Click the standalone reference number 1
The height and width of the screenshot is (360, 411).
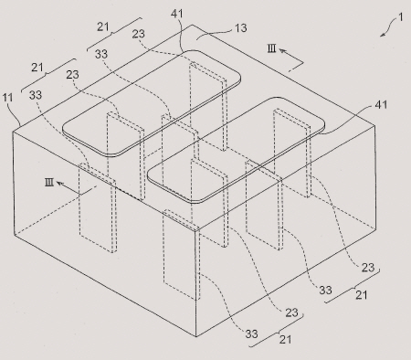401,16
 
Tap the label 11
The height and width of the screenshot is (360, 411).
7,98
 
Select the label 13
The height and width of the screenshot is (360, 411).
241,28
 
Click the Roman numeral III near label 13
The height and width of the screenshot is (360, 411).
272,48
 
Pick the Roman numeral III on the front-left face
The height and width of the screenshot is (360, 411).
49,183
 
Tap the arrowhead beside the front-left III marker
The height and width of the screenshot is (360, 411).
59,184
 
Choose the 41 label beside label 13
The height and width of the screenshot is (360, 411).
177,14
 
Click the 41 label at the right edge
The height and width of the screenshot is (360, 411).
381,105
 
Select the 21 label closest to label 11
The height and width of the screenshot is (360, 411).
37,68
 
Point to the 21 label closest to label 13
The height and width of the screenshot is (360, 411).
103,26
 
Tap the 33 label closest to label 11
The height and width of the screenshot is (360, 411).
36,95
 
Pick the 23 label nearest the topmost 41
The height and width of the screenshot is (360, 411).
138,34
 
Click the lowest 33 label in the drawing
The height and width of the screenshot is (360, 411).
251,334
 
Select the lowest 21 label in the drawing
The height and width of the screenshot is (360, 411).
285,339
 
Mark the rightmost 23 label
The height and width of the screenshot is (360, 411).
368,268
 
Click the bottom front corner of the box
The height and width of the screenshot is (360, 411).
196,336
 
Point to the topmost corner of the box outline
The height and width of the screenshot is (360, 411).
192,25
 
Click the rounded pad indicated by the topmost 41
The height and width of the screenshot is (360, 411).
152,103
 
